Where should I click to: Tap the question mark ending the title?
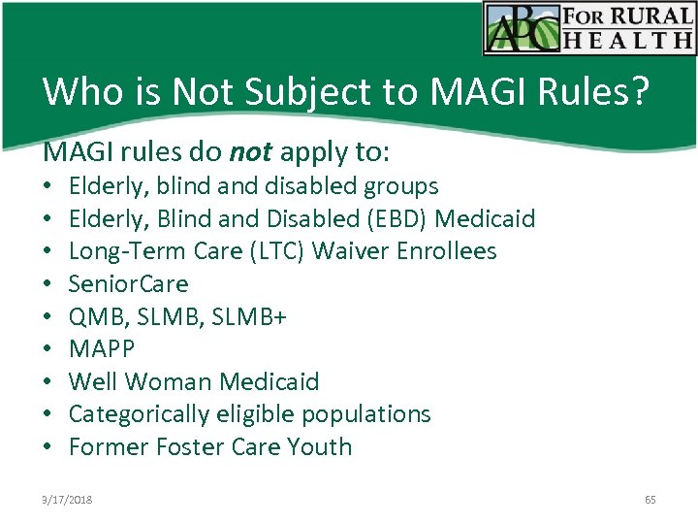point(640,91)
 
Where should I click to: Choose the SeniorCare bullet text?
point(128,284)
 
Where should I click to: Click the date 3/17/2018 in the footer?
point(67,500)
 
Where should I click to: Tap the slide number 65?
point(650,500)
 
